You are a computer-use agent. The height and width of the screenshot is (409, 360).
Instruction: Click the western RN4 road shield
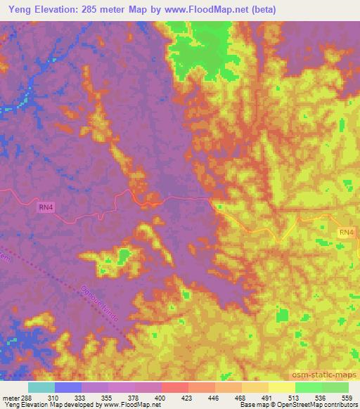point(46,207)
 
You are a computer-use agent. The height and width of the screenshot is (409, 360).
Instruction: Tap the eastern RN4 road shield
point(347,232)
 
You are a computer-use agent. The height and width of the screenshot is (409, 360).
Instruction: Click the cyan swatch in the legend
point(41,387)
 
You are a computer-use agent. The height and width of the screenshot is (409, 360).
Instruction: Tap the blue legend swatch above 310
point(67,387)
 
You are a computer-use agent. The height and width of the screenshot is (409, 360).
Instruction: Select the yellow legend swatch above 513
point(281,387)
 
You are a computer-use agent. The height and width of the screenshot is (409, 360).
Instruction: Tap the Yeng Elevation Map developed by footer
point(49,405)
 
